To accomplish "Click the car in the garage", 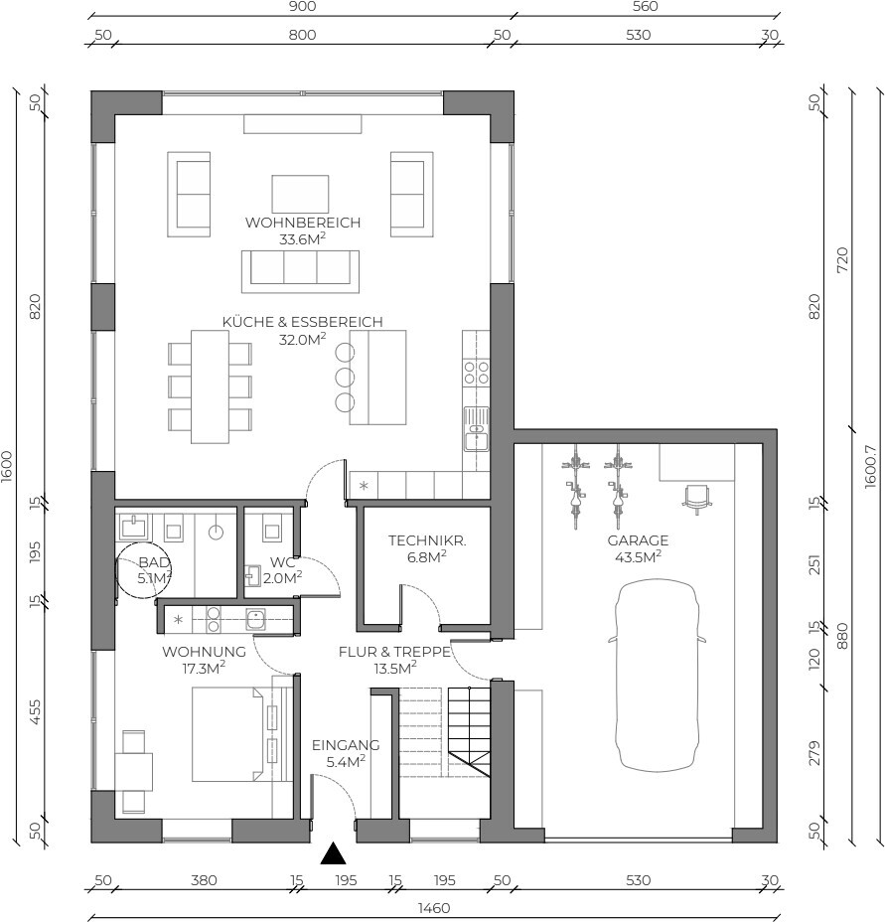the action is (x=657, y=675).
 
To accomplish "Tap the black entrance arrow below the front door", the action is (x=333, y=853).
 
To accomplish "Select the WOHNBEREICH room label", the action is (x=303, y=223).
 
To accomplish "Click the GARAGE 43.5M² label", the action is (x=638, y=548).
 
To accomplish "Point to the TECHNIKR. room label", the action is (x=427, y=540).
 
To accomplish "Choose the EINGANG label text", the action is (x=346, y=745).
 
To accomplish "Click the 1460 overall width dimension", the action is (x=434, y=908).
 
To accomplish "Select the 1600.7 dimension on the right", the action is (x=870, y=466).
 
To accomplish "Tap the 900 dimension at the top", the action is (x=302, y=7).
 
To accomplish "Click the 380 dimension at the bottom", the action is (x=204, y=880).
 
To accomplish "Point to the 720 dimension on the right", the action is (x=842, y=259).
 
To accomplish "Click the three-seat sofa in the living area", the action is (x=300, y=271).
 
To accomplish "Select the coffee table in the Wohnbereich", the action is (x=300, y=194).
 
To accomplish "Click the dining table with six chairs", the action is (x=210, y=386).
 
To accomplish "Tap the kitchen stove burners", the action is (x=477, y=373).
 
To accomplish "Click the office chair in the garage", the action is (x=696, y=499).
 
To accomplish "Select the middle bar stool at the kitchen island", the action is (x=345, y=377).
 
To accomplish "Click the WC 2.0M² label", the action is (x=282, y=570).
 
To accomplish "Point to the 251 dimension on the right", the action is (x=813, y=564).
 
